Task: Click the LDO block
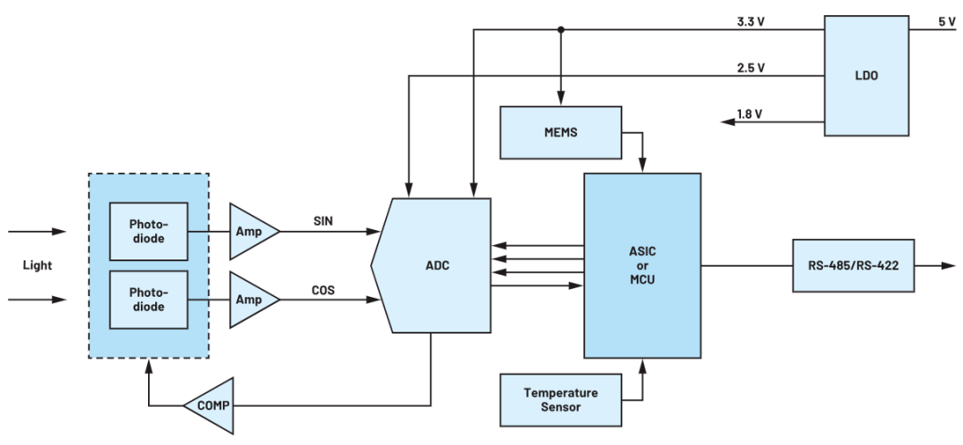point(866,76)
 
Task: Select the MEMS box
point(561,132)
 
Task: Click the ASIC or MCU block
point(642,266)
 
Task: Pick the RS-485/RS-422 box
point(853,266)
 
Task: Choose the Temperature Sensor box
point(561,400)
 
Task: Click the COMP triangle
point(208,406)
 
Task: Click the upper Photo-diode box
point(148,232)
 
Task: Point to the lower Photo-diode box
point(148,300)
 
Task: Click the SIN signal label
point(323,221)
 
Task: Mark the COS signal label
point(323,290)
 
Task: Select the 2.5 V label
point(751,68)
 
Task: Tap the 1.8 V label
point(751,114)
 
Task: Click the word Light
point(37,266)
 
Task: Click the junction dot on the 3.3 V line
point(560,29)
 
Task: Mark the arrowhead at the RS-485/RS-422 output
point(949,266)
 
